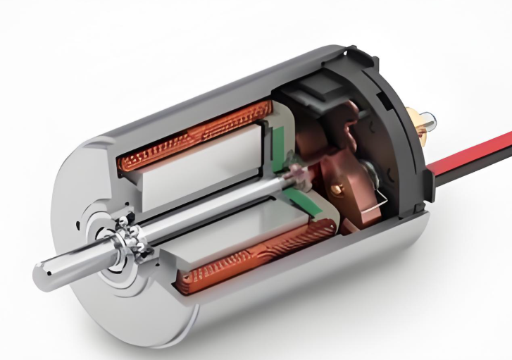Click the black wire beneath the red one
479,163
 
